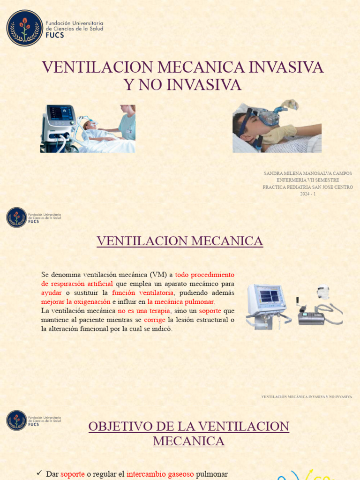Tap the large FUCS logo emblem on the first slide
24,28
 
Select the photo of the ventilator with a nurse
88,128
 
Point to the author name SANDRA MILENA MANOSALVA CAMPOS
307,173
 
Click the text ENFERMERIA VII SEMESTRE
307,180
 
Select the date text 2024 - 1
307,194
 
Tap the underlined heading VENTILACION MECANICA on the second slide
180,241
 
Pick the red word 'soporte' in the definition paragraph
210,311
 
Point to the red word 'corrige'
155,320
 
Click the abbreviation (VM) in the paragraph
158,275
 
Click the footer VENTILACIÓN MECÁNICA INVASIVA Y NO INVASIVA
307,397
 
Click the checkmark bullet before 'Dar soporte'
39,473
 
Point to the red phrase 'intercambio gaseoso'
154,474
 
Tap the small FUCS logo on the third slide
16,420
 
